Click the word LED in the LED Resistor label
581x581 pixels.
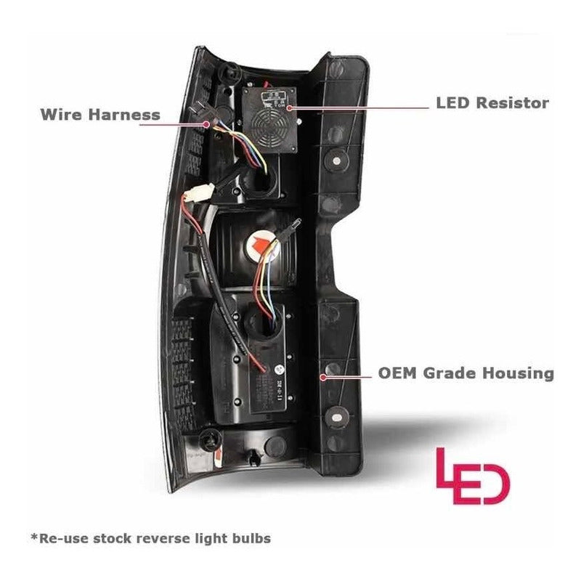[452, 103]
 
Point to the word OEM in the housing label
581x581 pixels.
[397, 373]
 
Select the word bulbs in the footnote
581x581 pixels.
[251, 538]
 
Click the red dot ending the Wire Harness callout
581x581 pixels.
[208, 124]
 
